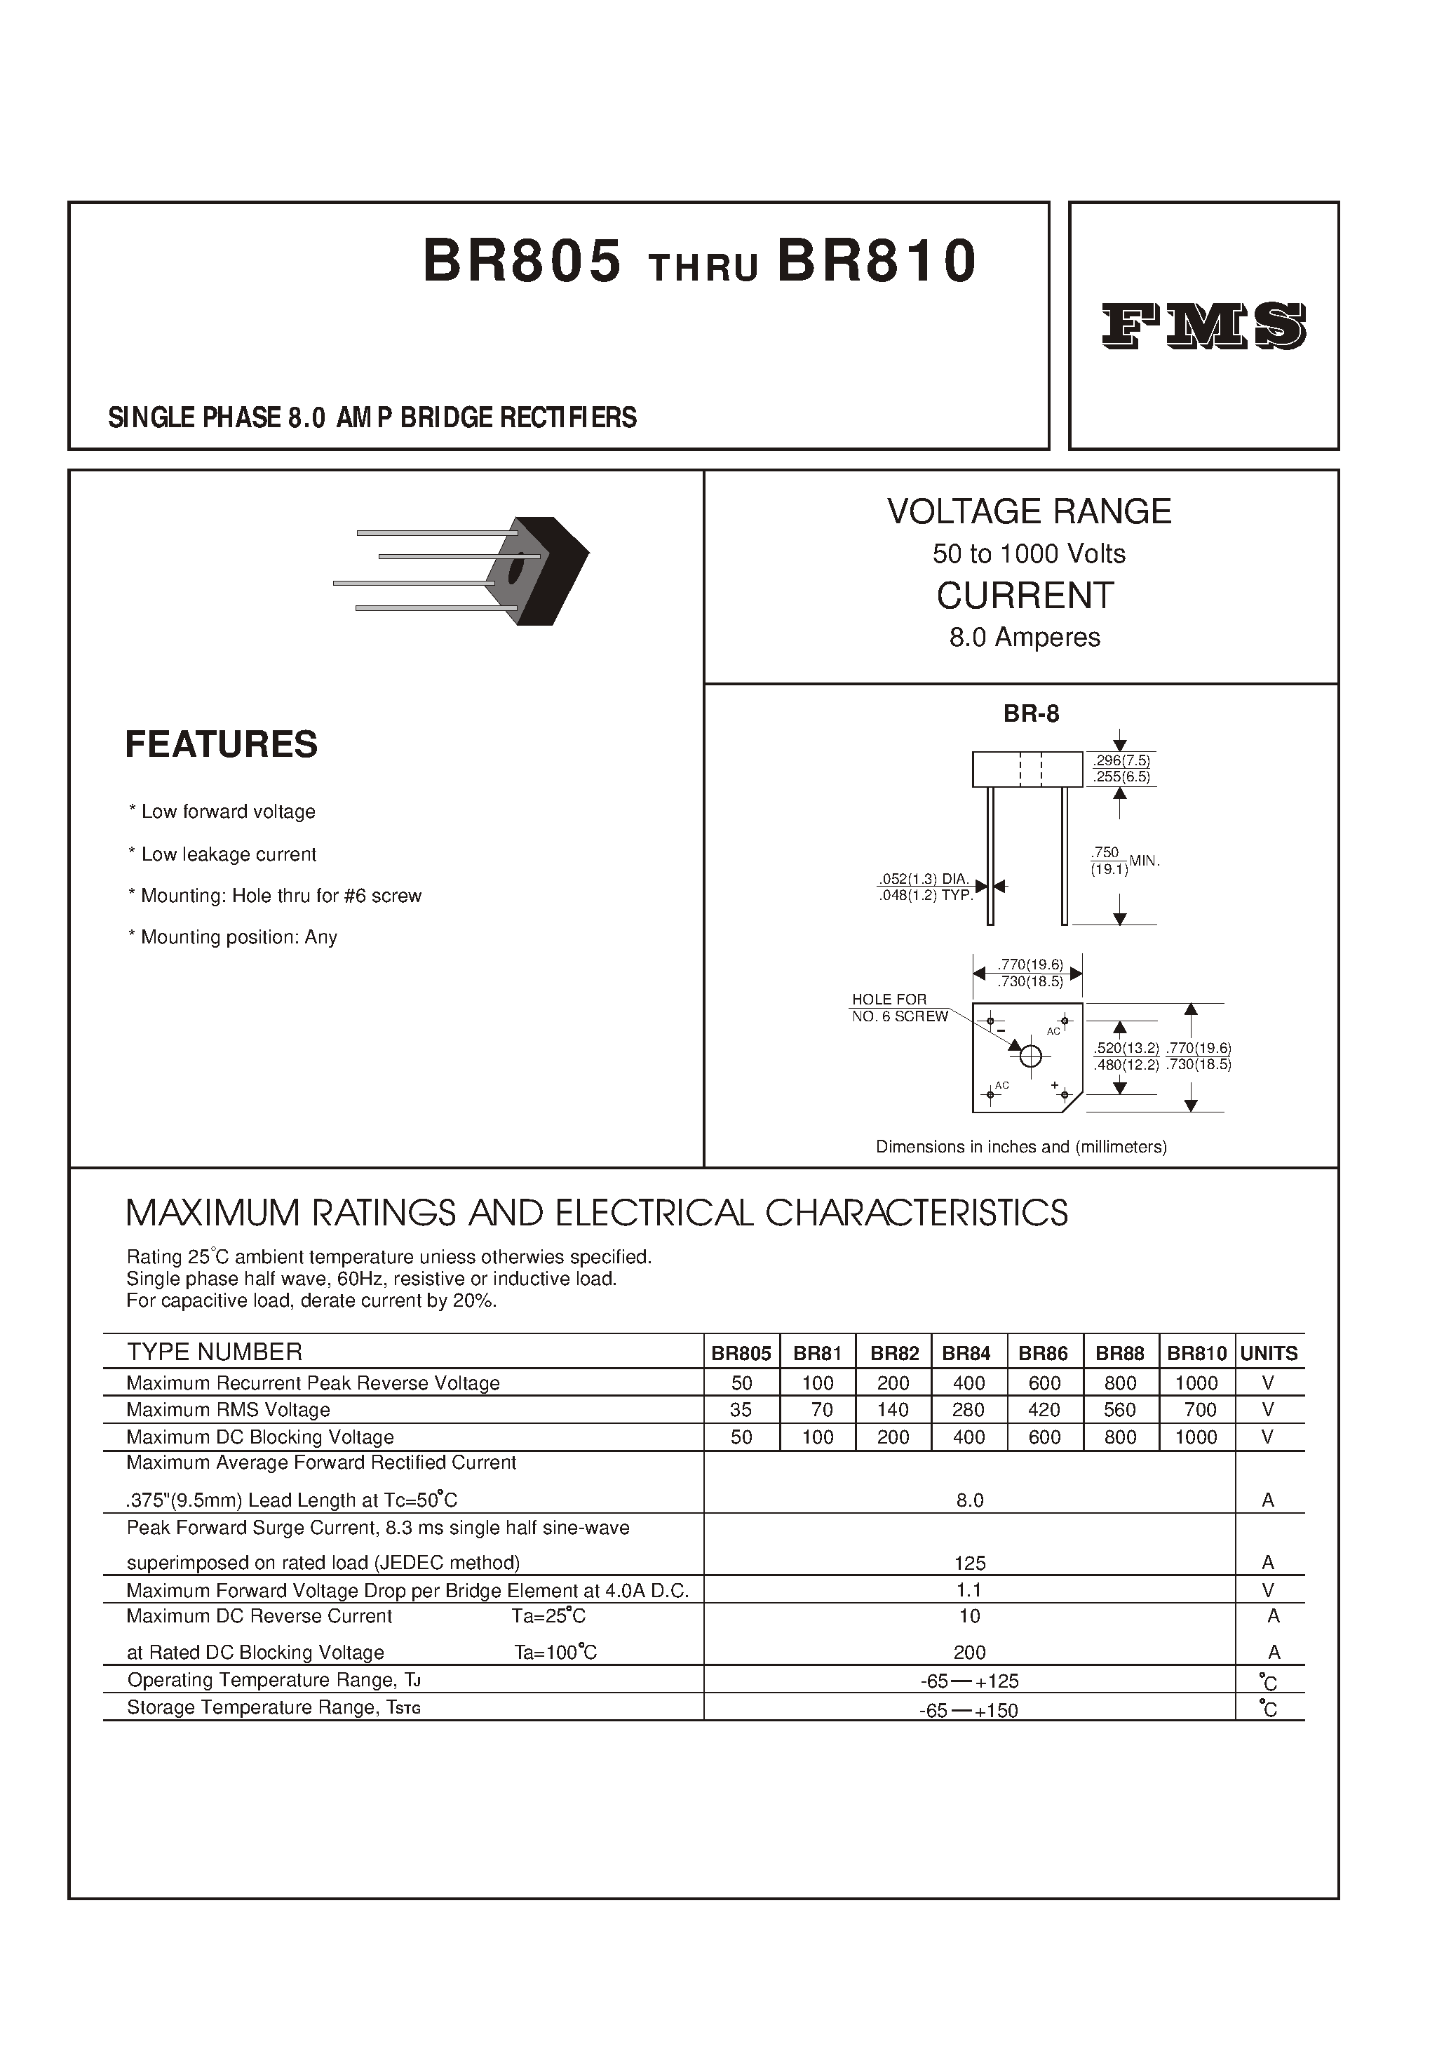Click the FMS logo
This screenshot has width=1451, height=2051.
point(1203,326)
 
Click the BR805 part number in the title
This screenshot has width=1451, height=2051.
point(522,262)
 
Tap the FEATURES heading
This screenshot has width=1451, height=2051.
point(221,744)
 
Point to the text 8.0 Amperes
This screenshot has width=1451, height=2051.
point(1025,637)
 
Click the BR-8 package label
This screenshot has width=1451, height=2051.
point(1031,713)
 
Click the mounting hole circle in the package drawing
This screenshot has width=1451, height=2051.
point(1030,1056)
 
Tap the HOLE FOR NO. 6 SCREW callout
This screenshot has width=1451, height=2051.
point(899,1008)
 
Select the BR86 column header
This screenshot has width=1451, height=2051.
point(1044,1354)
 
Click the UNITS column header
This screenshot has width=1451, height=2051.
point(1269,1354)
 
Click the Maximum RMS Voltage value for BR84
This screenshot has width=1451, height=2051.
point(969,1410)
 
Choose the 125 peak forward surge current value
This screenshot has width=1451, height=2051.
point(969,1563)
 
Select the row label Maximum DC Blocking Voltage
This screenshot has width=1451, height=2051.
point(260,1437)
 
